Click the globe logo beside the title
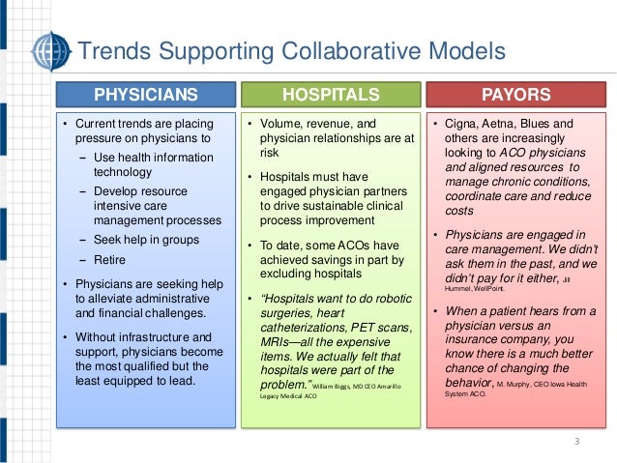tap(49, 50)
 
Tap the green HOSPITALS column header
tap(330, 95)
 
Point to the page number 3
tap(576, 443)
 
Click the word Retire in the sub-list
tap(110, 260)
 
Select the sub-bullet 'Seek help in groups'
tap(147, 239)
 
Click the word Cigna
tap(463, 125)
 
